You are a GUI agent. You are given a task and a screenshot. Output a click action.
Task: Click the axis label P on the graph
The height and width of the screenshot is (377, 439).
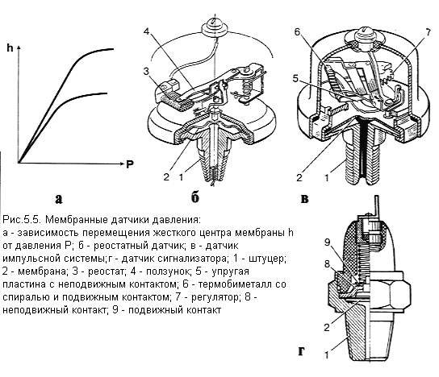pos(129,164)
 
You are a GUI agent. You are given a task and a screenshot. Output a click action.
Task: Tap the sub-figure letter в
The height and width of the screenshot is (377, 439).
pos(305,197)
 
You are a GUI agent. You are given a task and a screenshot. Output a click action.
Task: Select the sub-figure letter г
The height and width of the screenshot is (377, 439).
pos(301,350)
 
